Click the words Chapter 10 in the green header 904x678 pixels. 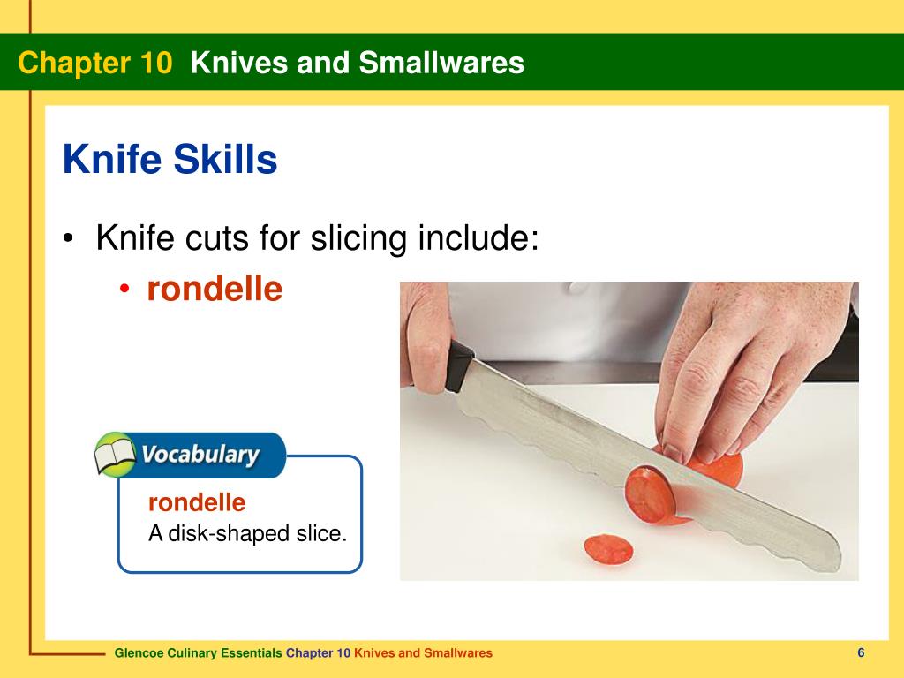(94, 63)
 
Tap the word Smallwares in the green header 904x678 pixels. (451, 63)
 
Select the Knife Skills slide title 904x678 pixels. (170, 160)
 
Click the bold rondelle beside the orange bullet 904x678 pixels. (215, 289)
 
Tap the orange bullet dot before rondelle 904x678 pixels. (126, 290)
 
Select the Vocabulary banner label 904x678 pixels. (201, 456)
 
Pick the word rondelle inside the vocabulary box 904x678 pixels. (196, 503)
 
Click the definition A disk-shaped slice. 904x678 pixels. (247, 533)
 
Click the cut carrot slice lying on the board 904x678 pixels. (608, 549)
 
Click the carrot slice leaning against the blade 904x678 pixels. (650, 494)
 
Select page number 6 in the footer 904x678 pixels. (860, 652)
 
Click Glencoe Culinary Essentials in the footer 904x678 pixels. (199, 653)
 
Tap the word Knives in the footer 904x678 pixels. (374, 653)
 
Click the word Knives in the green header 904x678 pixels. (229, 63)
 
